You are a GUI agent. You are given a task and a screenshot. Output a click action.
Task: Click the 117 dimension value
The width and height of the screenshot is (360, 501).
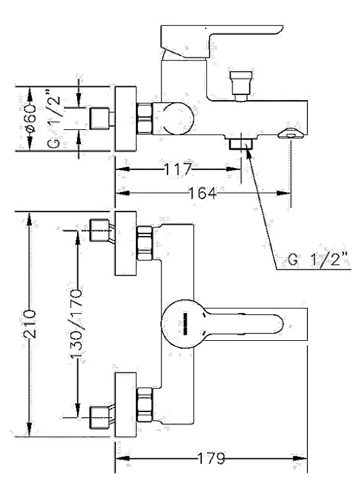[x=178, y=169]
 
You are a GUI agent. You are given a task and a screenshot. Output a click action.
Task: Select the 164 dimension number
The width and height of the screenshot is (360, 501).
[x=202, y=193]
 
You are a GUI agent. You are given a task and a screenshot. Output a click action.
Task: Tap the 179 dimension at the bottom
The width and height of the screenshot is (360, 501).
[x=211, y=459]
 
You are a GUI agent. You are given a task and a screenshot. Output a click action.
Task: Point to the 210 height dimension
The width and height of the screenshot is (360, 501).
[x=30, y=324]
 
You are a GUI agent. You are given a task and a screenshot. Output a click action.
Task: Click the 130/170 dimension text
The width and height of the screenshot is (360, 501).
[x=76, y=324]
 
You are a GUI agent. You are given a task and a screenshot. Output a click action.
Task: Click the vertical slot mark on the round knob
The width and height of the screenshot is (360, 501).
[x=185, y=324]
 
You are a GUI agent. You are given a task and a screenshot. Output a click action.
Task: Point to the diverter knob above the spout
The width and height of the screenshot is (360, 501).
[x=241, y=86]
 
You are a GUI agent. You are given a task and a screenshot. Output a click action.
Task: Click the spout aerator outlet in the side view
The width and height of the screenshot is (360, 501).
[x=290, y=134]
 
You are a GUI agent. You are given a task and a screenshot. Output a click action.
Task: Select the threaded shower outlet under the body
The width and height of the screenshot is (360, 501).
[x=241, y=143]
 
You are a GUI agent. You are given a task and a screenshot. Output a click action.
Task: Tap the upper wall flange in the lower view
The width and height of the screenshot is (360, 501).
[x=126, y=243]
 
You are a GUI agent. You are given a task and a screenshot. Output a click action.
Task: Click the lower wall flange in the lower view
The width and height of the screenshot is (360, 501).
[x=126, y=405]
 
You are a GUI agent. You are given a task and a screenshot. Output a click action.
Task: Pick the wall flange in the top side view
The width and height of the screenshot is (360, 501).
[x=126, y=119]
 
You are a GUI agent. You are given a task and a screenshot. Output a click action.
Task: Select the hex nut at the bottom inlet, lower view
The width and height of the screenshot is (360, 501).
[x=144, y=405]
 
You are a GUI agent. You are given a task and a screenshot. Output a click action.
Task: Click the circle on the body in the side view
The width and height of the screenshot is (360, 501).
[x=178, y=119]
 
